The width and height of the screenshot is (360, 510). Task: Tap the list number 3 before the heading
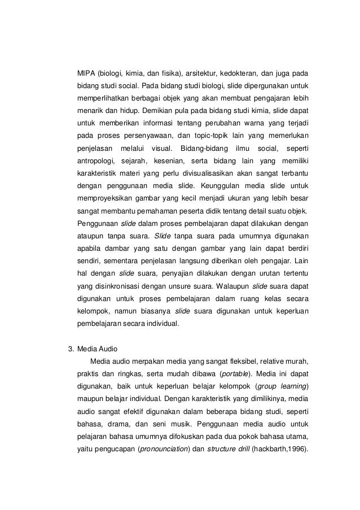70,348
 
